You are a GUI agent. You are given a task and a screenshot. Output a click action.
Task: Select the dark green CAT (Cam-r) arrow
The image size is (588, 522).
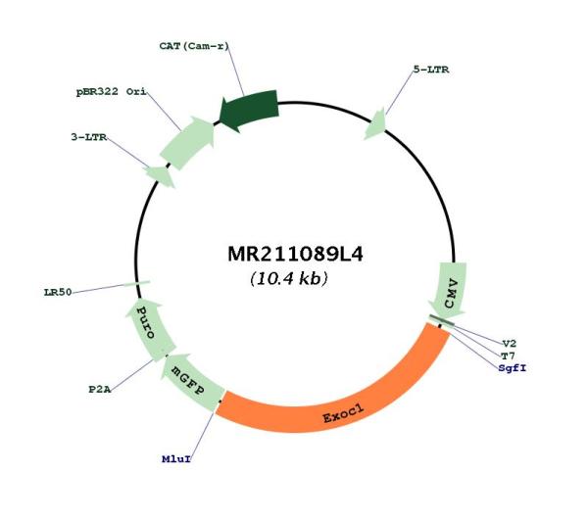[249, 110]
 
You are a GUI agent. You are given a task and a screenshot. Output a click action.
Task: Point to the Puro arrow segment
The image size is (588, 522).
[148, 324]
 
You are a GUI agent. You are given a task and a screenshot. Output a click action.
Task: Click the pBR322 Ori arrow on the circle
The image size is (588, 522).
[187, 142]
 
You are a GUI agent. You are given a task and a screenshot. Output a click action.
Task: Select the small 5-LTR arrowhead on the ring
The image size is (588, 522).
[375, 124]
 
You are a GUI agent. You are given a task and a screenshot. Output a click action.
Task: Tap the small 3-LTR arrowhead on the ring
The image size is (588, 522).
[160, 175]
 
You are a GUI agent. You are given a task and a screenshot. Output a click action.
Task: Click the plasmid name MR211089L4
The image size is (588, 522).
[295, 254]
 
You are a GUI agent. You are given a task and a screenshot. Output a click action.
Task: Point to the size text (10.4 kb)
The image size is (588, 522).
[289, 278]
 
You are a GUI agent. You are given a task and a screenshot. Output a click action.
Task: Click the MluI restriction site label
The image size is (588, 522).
[176, 458]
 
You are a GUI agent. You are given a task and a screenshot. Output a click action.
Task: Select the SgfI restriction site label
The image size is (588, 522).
[513, 368]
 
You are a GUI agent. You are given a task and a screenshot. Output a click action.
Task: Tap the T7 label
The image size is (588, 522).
[508, 356]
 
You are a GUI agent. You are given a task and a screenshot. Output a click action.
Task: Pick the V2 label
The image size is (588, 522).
[510, 343]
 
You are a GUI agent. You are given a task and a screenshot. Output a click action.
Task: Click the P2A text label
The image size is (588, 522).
[100, 390]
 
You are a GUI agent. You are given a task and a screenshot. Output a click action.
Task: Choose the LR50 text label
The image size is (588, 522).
[58, 292]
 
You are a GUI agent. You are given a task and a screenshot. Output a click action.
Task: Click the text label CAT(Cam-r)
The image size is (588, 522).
[194, 46]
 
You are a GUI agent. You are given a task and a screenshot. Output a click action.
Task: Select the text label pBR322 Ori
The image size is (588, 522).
[112, 91]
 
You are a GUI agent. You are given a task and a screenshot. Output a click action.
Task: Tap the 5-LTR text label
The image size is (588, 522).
[431, 70]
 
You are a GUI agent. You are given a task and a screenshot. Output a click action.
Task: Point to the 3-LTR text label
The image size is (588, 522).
[89, 137]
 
